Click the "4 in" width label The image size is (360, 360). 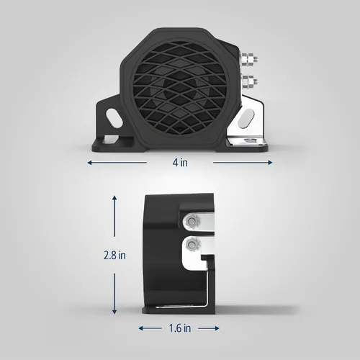click(x=180, y=163)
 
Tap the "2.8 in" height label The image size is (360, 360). click(x=114, y=255)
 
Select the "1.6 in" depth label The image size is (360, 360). click(x=180, y=328)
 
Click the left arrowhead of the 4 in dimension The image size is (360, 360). click(x=89, y=163)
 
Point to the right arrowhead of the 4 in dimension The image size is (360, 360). click(x=270, y=163)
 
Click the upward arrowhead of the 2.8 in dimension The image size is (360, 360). click(x=114, y=198)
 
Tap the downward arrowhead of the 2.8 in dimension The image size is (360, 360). click(x=114, y=312)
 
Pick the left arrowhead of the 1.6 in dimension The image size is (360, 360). click(x=141, y=328)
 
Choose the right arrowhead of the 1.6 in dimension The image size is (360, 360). click(x=217, y=328)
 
